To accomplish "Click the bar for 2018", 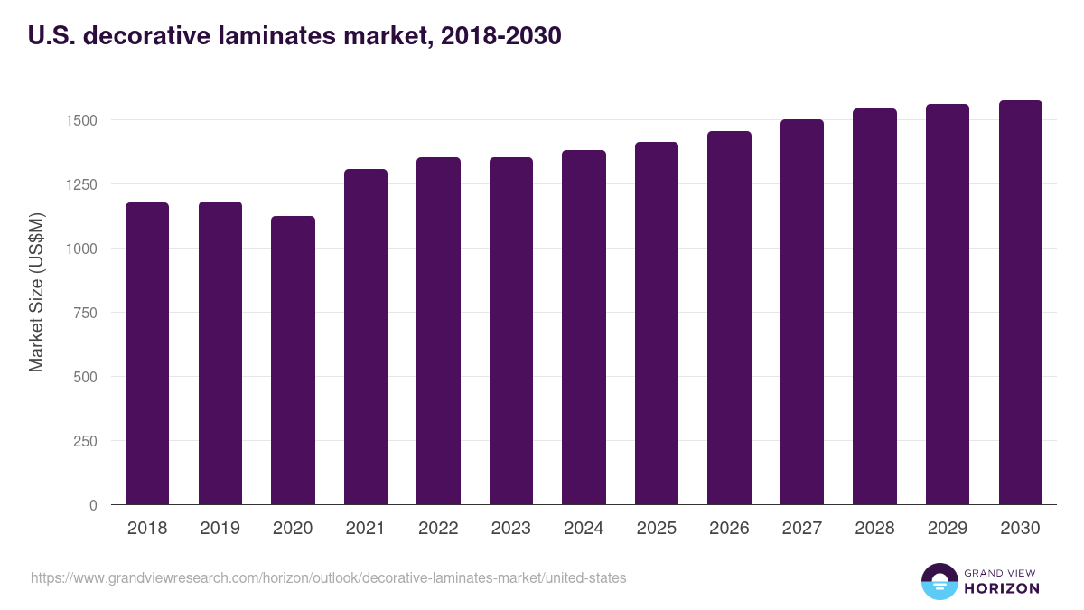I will [x=147, y=353].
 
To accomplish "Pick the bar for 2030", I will [x=1020, y=302].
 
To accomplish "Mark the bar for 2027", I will [x=802, y=312].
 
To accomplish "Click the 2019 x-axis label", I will [x=220, y=529].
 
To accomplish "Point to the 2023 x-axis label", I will [x=511, y=529].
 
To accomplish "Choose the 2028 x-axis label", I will [x=874, y=529].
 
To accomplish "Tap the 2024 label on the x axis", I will [x=584, y=529].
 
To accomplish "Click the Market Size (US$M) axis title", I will [x=36, y=293].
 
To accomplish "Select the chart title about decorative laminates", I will [x=295, y=36].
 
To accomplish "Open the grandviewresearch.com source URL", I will [x=328, y=577].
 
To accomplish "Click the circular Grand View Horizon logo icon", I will [x=939, y=581].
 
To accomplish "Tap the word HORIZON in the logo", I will [x=1002, y=588].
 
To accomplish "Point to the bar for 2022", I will [x=438, y=331].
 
